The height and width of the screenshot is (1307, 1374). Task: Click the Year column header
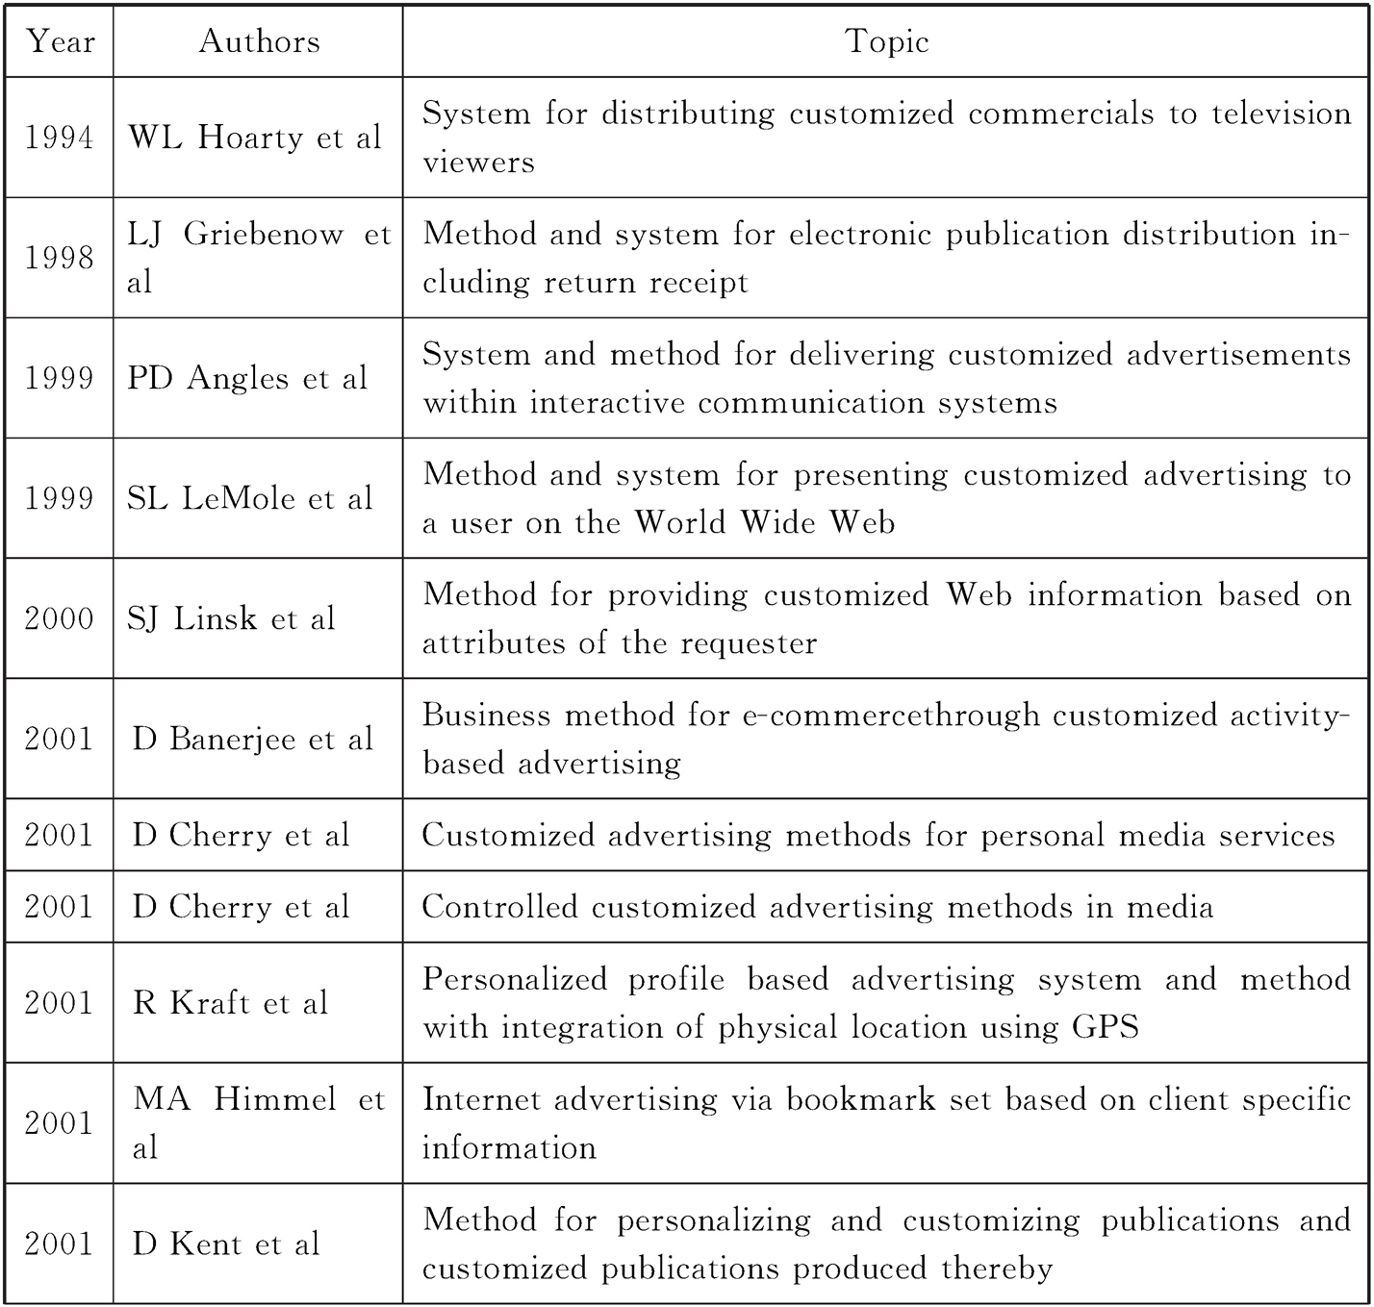(60, 41)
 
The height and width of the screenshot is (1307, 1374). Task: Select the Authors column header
(259, 41)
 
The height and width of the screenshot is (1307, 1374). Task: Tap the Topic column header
(886, 41)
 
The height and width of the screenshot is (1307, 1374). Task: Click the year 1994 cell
(60, 138)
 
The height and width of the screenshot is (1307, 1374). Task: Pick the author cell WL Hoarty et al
(255, 138)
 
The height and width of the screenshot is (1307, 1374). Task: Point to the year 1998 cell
(60, 258)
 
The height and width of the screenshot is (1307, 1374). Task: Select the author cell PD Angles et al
(247, 378)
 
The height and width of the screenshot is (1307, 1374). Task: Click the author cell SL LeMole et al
(250, 498)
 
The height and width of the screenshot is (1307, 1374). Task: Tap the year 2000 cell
(60, 618)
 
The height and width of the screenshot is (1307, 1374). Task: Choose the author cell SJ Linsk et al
(231, 618)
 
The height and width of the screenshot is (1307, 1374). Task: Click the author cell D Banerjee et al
(253, 739)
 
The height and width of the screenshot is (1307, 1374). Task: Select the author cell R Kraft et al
(231, 1003)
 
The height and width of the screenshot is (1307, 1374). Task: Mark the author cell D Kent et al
(226, 1244)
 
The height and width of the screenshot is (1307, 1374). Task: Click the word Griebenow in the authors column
(263, 234)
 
